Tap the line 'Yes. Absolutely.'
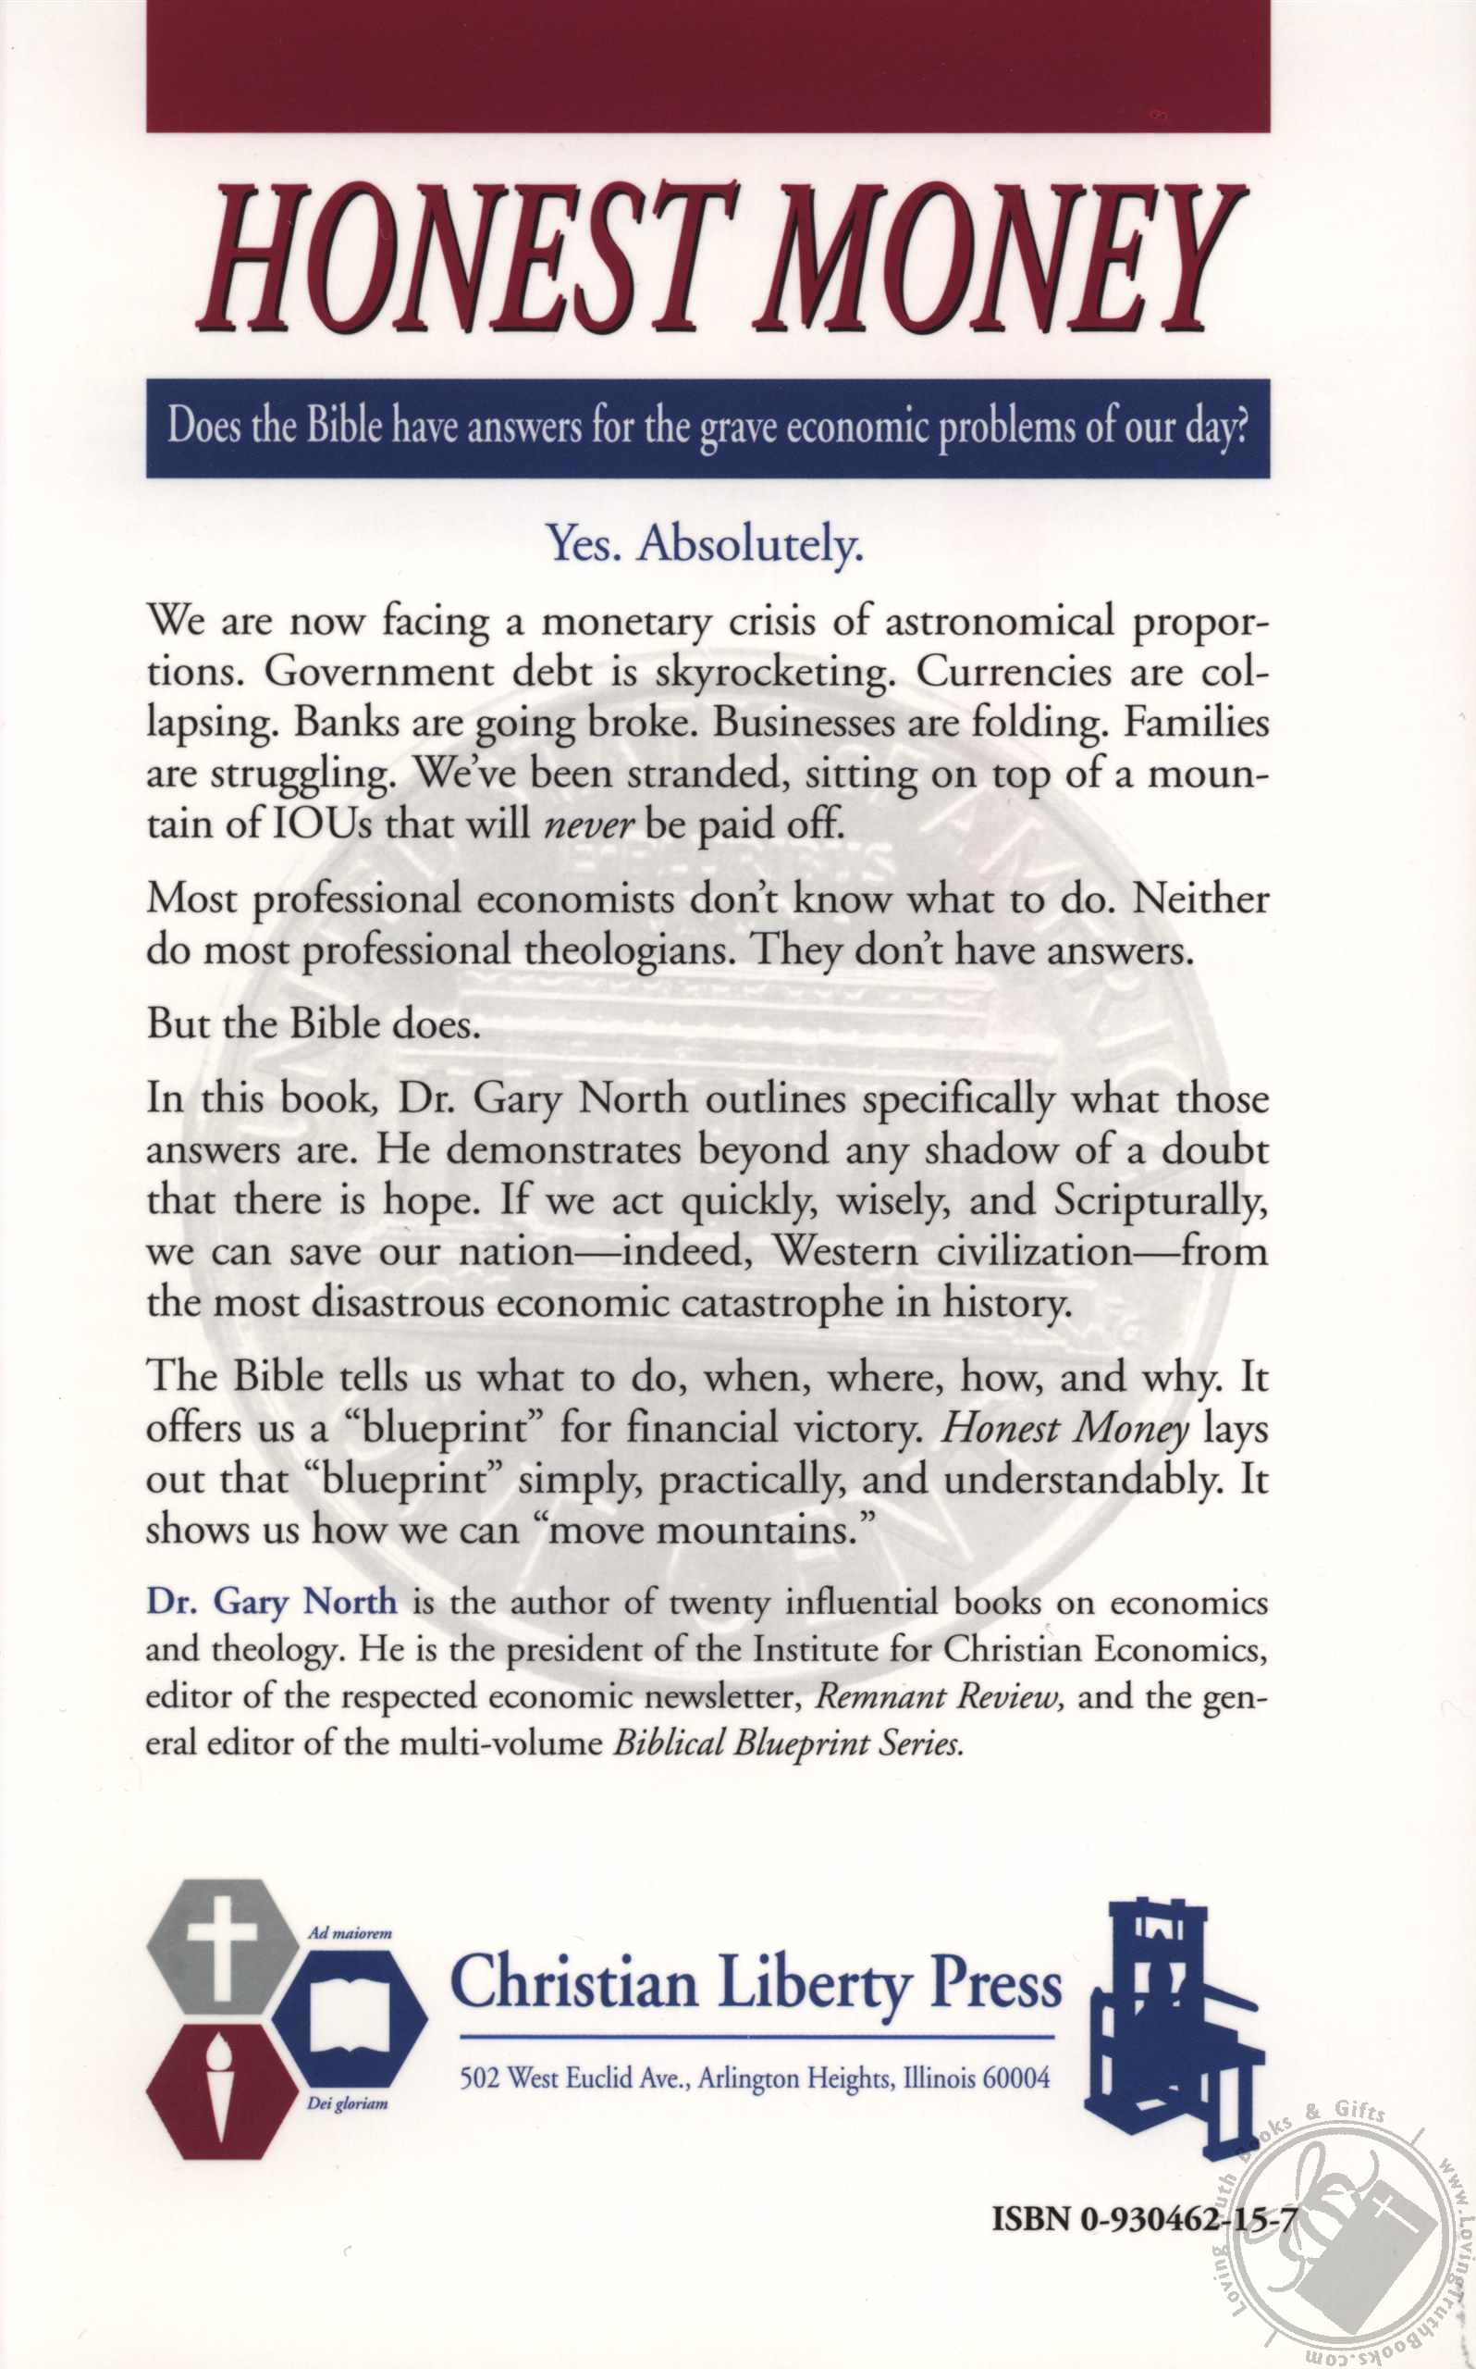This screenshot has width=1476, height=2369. click(707, 544)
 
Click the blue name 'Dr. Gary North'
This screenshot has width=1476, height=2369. click(271, 1603)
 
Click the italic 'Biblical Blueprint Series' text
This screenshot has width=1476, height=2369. click(788, 1743)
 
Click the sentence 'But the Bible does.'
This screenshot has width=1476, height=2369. click(313, 1023)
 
